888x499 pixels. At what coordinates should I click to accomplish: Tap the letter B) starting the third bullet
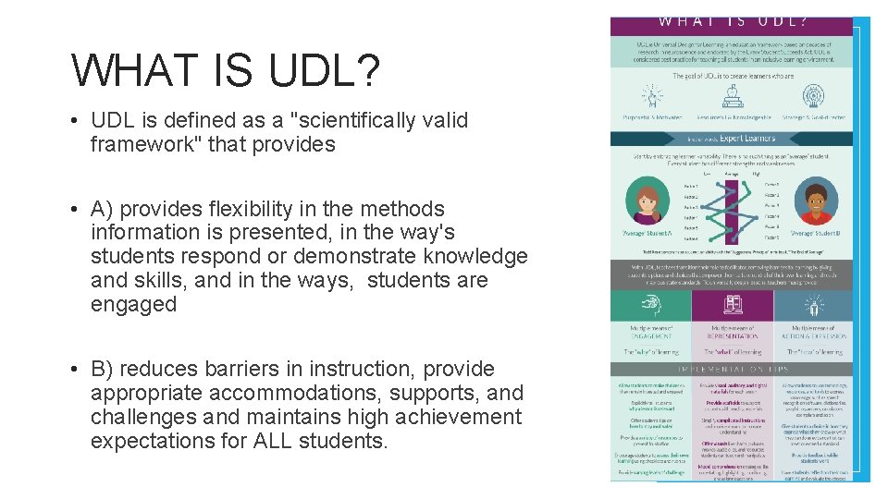pyautogui.click(x=103, y=369)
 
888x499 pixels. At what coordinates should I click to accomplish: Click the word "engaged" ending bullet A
pyautogui.click(x=133, y=304)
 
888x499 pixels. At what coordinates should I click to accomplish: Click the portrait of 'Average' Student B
pyautogui.click(x=819, y=204)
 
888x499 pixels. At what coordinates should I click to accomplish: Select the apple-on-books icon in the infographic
pyautogui.click(x=734, y=96)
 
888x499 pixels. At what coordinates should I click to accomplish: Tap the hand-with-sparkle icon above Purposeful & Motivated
pyautogui.click(x=648, y=96)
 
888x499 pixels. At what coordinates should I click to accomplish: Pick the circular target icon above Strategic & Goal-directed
pyautogui.click(x=813, y=96)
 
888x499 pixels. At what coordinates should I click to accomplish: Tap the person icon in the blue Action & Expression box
pyautogui.click(x=813, y=306)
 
